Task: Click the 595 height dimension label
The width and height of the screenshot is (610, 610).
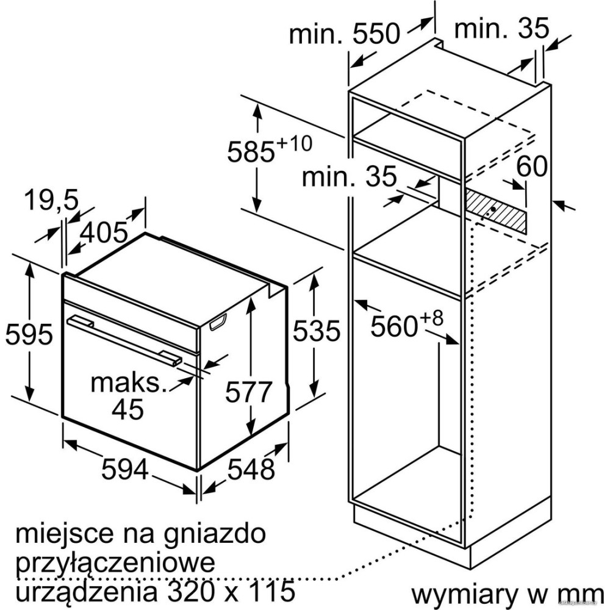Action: coord(29,334)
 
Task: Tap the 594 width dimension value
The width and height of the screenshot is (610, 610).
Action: coord(125,469)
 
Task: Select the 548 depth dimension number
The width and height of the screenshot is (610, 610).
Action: coord(251,469)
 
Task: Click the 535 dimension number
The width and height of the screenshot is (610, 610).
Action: coord(316,331)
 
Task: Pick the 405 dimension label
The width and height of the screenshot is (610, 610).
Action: coord(104,232)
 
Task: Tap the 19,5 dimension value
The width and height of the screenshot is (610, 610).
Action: coord(52,200)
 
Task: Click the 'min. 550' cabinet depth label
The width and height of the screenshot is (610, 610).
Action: coord(344,33)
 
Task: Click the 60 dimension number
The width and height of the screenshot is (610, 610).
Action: coord(532,167)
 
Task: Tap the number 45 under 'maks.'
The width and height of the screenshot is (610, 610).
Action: coord(127,409)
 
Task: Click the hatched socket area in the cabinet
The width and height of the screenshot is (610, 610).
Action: coord(495,211)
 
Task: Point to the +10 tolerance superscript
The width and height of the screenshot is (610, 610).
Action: coord(294,143)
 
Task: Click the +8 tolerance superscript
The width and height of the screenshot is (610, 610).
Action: coord(431,318)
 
